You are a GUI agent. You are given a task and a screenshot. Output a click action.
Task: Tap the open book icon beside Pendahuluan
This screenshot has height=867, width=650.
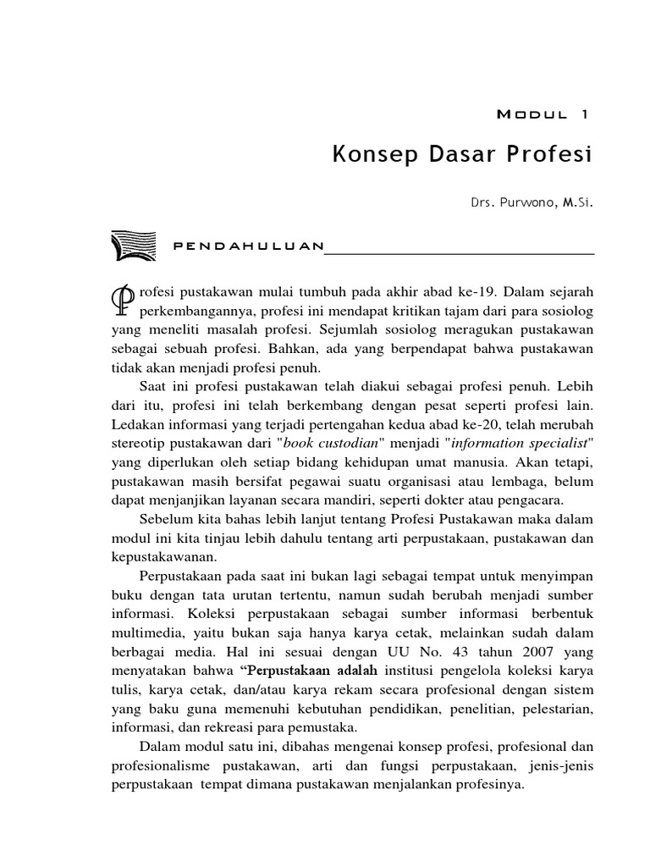click(134, 246)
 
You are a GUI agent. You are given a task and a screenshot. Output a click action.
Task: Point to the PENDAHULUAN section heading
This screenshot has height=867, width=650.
click(247, 246)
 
